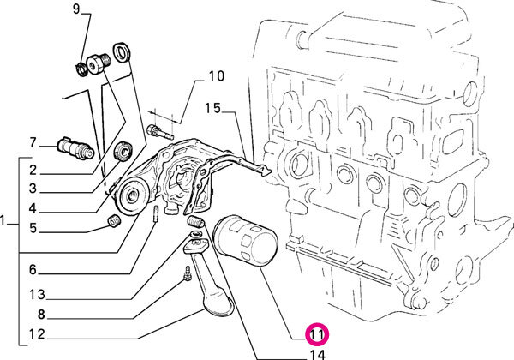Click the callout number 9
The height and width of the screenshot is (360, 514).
pyautogui.click(x=76, y=9)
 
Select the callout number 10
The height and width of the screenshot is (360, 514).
pyautogui.click(x=217, y=76)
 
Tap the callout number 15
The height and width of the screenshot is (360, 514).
pyautogui.click(x=212, y=108)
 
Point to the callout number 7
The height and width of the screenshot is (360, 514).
pyautogui.click(x=33, y=142)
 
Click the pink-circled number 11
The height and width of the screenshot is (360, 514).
pyautogui.click(x=317, y=335)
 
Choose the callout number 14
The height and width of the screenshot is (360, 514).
pyautogui.click(x=318, y=354)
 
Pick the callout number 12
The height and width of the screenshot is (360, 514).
pyautogui.click(x=37, y=334)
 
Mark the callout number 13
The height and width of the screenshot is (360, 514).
pyautogui.click(x=37, y=294)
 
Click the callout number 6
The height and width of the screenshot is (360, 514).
pyautogui.click(x=33, y=269)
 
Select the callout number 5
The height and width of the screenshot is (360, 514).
pyautogui.click(x=33, y=228)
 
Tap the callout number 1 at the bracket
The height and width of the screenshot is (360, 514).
pyautogui.click(x=3, y=220)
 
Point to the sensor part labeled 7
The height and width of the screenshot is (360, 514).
pyautogui.click(x=75, y=147)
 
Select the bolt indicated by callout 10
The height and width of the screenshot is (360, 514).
pyautogui.click(x=160, y=131)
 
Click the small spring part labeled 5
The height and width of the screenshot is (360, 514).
pyautogui.click(x=115, y=221)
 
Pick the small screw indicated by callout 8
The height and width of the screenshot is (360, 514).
pyautogui.click(x=187, y=273)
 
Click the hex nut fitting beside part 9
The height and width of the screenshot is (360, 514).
pyautogui.click(x=98, y=63)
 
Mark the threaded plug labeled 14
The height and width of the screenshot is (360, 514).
pyautogui.click(x=196, y=222)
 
